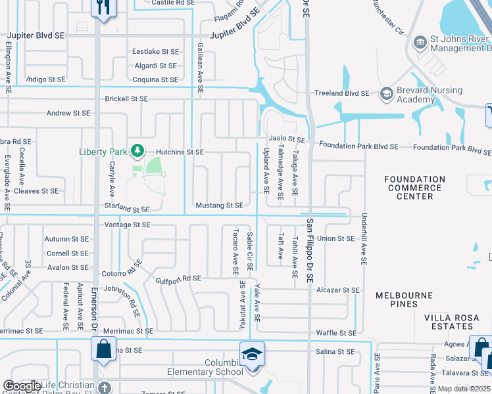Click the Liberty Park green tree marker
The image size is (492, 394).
(137, 151)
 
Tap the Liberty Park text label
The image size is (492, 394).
(104, 152)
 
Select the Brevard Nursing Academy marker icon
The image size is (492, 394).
(386, 95)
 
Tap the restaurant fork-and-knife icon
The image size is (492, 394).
(103, 8)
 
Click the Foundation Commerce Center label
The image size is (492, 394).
(415, 188)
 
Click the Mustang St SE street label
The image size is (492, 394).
(219, 206)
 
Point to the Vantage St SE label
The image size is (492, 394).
(128, 225)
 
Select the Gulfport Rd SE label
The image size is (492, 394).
(178, 278)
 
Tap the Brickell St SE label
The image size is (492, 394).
(126, 99)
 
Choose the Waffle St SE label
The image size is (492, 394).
(336, 333)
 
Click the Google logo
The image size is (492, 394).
(22, 386)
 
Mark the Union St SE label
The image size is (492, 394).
(336, 238)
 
